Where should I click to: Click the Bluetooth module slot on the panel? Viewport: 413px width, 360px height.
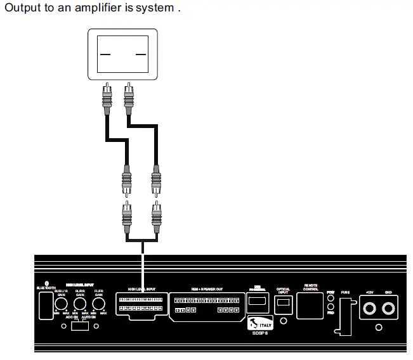44,307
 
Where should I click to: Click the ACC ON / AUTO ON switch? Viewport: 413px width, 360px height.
80,326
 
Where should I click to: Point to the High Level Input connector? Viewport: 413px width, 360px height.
142,304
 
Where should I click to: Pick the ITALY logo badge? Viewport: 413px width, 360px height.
260,323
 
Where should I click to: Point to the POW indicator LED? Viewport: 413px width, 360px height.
331,299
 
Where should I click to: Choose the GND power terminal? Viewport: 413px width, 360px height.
389,309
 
